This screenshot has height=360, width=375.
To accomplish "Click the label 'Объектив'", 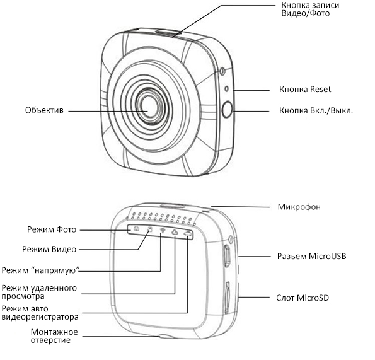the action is point(44,110).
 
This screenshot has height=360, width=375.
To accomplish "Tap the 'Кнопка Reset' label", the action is point(305,90).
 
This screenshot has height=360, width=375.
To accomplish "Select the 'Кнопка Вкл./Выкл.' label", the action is point(316,110).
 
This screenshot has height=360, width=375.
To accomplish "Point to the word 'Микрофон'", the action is point(299,207).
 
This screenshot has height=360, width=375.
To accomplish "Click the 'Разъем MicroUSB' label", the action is point(311,256).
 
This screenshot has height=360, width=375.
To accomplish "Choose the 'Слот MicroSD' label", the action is point(303,298).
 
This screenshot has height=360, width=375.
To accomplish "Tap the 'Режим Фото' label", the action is point(52,229).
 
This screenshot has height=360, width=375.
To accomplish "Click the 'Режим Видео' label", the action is point(49,249).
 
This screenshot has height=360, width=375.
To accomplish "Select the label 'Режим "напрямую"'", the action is point(40,270).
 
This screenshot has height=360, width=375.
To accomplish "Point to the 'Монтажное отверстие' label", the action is point(54,336).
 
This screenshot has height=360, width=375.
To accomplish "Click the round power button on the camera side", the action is point(227,109).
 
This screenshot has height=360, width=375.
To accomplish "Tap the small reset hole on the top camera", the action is point(226,89).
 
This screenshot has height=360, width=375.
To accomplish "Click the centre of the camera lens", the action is point(149,106).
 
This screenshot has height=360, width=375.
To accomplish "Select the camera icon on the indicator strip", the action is point(136,228).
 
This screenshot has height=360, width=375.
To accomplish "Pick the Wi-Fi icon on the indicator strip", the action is point(163,231).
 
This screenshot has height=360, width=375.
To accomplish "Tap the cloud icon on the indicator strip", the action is point(175,232).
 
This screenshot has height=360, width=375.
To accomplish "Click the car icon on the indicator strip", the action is point(188,234).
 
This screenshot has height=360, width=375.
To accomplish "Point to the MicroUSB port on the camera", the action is point(227,256).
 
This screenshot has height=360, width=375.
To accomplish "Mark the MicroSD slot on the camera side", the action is point(227,298).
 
